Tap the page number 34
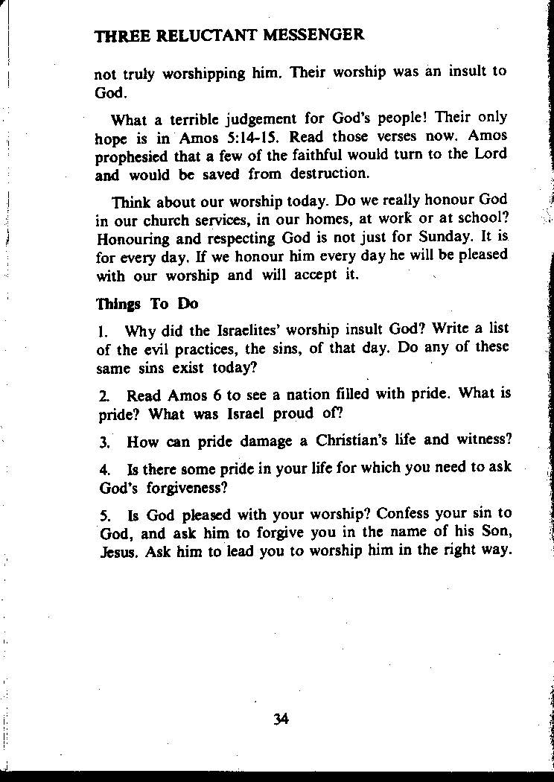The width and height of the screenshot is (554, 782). point(281,719)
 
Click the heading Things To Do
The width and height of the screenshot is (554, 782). point(147,304)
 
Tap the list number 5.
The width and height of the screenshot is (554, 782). point(104,514)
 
